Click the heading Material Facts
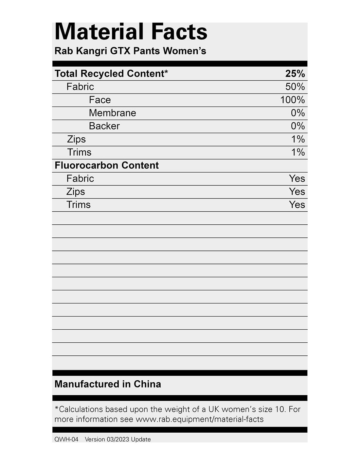(x=131, y=32)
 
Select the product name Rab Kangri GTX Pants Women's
(x=130, y=51)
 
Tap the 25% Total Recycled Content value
(x=295, y=74)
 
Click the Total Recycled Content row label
(x=111, y=74)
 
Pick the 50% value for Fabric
(x=295, y=87)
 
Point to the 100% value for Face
(x=292, y=100)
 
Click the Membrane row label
(x=112, y=113)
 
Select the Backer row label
(x=104, y=126)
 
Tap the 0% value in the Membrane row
(x=297, y=113)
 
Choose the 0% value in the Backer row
(x=297, y=126)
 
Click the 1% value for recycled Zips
(x=298, y=139)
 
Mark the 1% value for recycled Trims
(x=298, y=152)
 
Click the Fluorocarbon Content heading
(x=107, y=165)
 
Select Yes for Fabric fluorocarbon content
(x=297, y=178)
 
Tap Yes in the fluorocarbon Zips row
(x=297, y=191)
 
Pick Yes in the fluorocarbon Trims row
(x=297, y=204)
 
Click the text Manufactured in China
(x=108, y=384)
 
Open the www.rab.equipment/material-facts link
(x=199, y=419)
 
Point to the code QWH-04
(x=66, y=439)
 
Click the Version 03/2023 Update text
(x=118, y=439)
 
